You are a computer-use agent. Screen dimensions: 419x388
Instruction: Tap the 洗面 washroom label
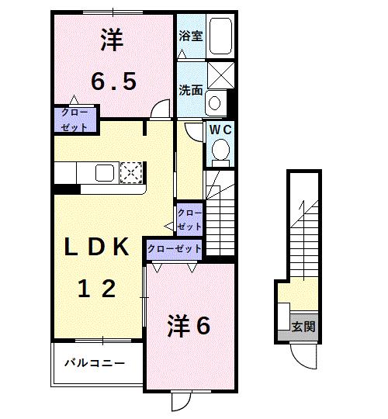[x=191, y=90]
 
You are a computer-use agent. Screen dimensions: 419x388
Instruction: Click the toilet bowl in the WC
[x=220, y=150]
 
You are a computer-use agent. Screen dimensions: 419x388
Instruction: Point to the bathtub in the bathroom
[x=222, y=37]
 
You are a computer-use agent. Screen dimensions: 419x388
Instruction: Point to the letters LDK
[x=96, y=247]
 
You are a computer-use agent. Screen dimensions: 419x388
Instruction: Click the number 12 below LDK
[x=96, y=289]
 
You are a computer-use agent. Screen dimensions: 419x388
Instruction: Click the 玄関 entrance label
[x=303, y=327]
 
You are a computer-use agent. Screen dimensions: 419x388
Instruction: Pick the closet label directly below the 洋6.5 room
[x=74, y=119]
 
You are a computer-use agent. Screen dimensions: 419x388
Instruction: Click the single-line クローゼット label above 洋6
[x=175, y=249]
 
